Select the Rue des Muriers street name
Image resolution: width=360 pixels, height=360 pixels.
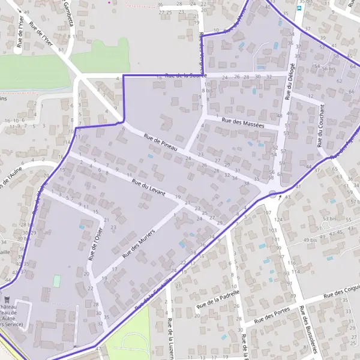[139, 243]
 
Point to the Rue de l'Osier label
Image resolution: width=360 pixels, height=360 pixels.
[95, 243]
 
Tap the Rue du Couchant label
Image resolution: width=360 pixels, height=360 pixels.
[322, 125]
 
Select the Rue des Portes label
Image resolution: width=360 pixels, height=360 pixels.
[272, 316]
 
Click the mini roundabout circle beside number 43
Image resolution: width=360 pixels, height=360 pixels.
[274, 193]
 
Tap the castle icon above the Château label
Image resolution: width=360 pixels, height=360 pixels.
[7, 298]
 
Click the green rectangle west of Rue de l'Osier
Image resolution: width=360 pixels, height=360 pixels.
[57, 280]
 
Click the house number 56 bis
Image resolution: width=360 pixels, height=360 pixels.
[328, 68]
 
